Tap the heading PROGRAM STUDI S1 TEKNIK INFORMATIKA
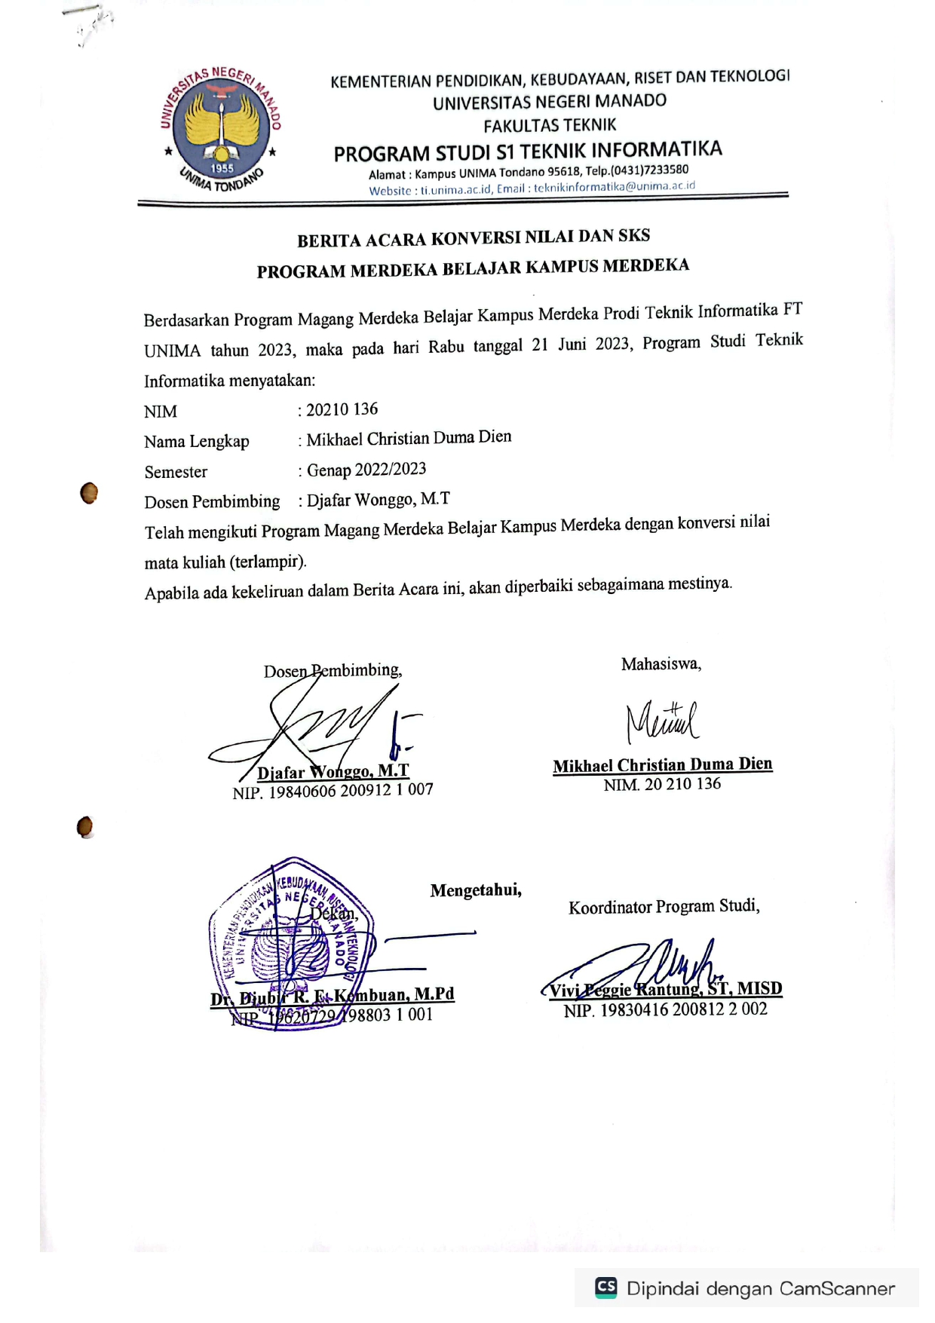[528, 152]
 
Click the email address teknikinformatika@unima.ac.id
[614, 187]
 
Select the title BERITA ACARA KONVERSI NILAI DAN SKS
[474, 238]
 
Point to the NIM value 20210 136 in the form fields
[342, 409]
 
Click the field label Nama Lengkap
[197, 442]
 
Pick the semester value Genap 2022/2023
[366, 470]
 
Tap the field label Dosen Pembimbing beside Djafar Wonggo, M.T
[212, 502]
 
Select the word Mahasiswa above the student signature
[661, 664]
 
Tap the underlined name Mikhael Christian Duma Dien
[662, 765]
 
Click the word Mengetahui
[476, 890]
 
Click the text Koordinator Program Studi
[664, 906]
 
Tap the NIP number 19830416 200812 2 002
[683, 1009]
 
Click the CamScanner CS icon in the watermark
[606, 1287]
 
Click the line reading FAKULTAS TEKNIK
[550, 125]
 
